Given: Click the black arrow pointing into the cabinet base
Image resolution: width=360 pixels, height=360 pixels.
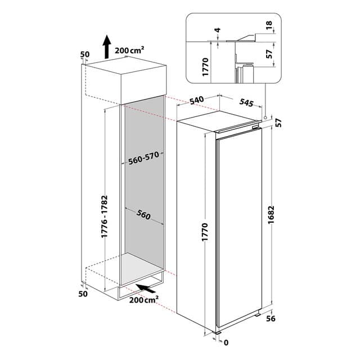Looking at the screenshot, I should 147,289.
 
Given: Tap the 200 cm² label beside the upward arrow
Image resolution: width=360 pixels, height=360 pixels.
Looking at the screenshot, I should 130,50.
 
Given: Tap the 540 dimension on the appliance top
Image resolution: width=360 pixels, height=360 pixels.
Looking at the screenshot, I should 196,101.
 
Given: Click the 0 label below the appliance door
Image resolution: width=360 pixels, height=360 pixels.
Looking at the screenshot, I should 225,343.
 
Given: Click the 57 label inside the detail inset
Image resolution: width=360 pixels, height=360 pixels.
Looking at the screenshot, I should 269,55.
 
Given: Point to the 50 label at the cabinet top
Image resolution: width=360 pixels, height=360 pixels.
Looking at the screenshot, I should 85,55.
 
